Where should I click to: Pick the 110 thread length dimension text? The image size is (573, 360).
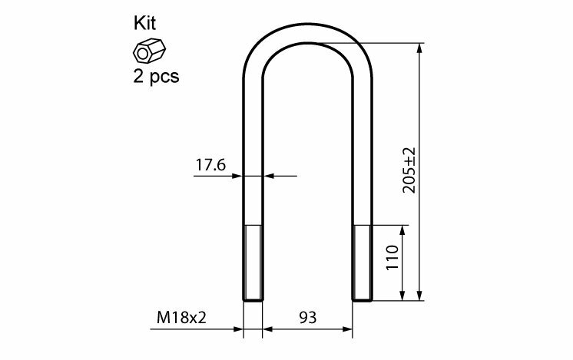point(392,262)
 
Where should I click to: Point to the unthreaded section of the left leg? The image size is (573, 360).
point(253,154)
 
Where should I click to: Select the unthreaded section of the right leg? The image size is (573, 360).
point(363,154)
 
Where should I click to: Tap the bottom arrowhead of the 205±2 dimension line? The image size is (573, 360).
point(420,296)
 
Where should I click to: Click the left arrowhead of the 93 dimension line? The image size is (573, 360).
point(268,331)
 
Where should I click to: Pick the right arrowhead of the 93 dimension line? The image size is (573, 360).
point(349,331)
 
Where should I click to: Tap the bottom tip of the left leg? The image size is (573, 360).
point(253,299)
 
